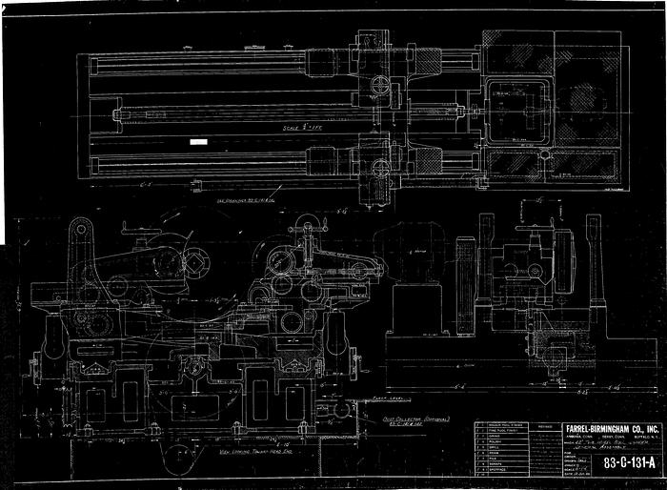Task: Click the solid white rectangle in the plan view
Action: coord(198,141)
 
